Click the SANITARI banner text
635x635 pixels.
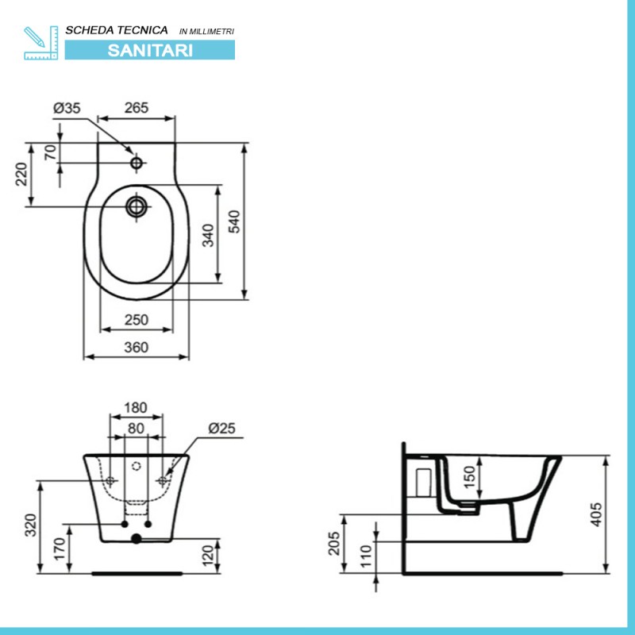pyautogui.click(x=150, y=50)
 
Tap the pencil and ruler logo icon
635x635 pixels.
pyautogui.click(x=41, y=43)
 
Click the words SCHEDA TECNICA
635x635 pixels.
pyautogui.click(x=117, y=30)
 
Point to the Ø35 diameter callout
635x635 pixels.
pyautogui.click(x=67, y=108)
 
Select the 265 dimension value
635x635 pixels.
pyautogui.click(x=137, y=108)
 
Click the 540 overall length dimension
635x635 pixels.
pyautogui.click(x=234, y=221)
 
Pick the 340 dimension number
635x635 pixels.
pyautogui.click(x=208, y=235)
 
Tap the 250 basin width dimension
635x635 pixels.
pyautogui.click(x=137, y=320)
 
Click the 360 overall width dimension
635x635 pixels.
pyautogui.click(x=137, y=348)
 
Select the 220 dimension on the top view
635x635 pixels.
pyautogui.click(x=21, y=174)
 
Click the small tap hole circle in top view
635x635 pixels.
pyautogui.click(x=137, y=163)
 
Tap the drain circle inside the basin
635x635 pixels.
pyautogui.click(x=137, y=207)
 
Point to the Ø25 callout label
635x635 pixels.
pyautogui.click(x=221, y=428)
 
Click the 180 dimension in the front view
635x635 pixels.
pyautogui.click(x=136, y=407)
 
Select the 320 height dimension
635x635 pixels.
pyautogui.click(x=31, y=525)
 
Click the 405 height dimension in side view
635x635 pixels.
pyautogui.click(x=596, y=514)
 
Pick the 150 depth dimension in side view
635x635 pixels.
pyautogui.click(x=468, y=477)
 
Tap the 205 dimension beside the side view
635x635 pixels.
pyautogui.click(x=334, y=544)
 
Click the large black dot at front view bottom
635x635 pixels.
pyautogui.click(x=137, y=539)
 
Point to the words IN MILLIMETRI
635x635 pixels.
pyautogui.click(x=206, y=32)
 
